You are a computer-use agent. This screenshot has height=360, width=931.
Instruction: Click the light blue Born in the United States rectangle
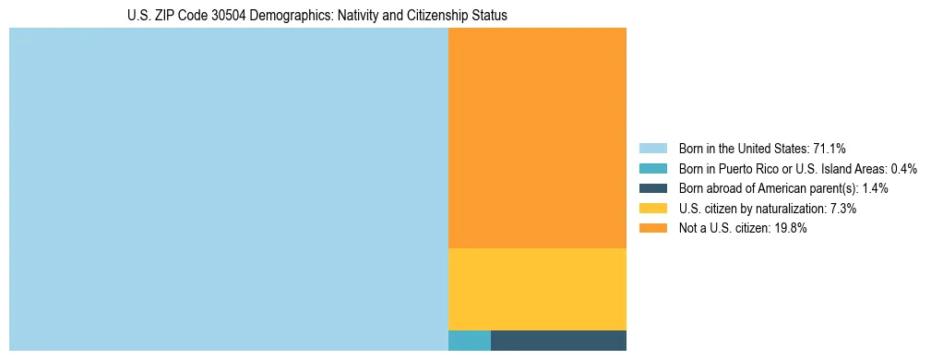pos(228,189)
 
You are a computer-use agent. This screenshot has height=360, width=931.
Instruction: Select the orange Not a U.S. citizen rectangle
pos(537,138)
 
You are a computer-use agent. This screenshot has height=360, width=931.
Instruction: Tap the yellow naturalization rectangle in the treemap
pos(537,289)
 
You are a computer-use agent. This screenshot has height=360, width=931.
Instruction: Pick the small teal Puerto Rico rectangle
pos(469,341)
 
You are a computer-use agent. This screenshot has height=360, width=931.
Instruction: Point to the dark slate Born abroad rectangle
pos(558,341)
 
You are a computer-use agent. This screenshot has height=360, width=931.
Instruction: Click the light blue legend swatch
pos(652,149)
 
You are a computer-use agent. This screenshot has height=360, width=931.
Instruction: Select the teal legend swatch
pos(652,169)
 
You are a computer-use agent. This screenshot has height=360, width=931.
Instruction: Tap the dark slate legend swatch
pos(652,188)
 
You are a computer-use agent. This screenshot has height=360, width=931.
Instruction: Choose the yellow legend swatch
pos(652,209)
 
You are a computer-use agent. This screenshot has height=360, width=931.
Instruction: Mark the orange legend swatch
pos(652,229)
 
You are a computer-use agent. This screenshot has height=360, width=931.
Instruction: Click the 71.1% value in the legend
pos(830,149)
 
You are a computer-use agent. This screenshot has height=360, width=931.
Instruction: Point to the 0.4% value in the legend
pos(904,169)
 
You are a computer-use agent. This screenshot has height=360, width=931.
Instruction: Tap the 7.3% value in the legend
pos(843,209)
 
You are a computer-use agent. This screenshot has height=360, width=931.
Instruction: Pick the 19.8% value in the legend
pos(790,229)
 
